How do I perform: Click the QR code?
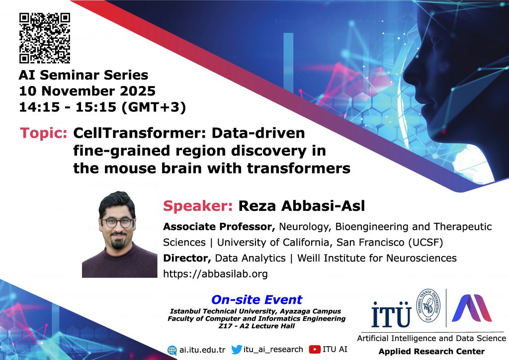click(x=44, y=38)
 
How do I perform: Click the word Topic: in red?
click(x=44, y=133)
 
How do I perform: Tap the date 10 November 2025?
click(x=87, y=91)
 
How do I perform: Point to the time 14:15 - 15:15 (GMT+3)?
click(x=102, y=107)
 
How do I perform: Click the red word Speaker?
click(x=198, y=206)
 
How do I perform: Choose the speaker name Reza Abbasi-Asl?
click(x=302, y=206)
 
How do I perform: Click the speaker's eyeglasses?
click(x=117, y=222)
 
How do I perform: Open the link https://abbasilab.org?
click(x=215, y=273)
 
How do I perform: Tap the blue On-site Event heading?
click(x=257, y=299)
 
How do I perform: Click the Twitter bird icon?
click(x=237, y=350)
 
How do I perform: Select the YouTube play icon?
click(x=315, y=349)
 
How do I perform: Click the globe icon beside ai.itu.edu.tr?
click(x=172, y=350)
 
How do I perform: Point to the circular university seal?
click(x=428, y=305)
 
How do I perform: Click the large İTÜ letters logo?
click(x=392, y=314)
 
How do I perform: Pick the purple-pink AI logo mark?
click(x=472, y=308)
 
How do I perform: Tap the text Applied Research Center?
click(x=431, y=351)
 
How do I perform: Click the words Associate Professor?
click(x=219, y=227)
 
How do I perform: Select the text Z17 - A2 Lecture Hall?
click(x=256, y=326)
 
